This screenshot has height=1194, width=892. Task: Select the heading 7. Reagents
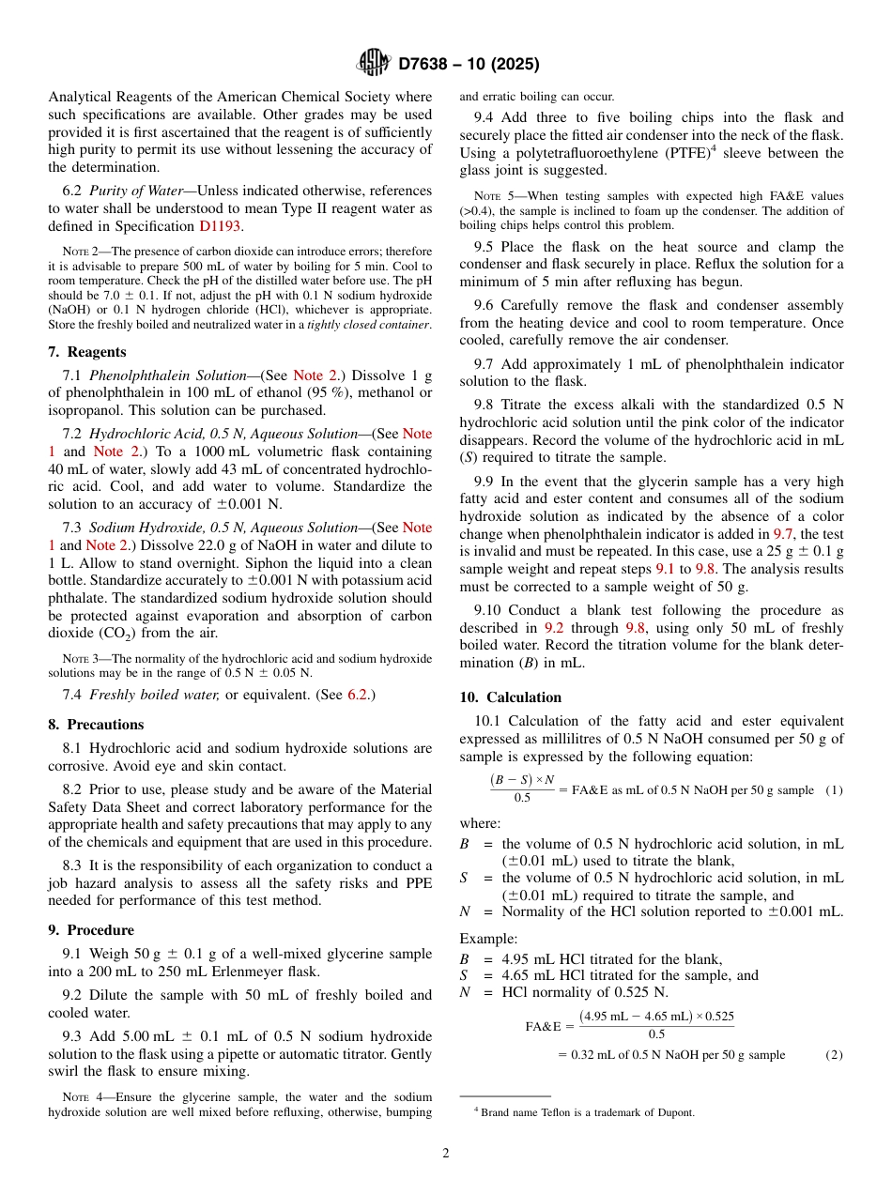coord(86,352)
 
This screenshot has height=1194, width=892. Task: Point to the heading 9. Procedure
coord(91,930)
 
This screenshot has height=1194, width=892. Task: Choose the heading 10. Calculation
coord(510,697)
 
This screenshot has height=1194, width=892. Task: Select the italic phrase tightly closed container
coord(367,325)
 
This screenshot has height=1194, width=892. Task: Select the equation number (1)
coord(834,790)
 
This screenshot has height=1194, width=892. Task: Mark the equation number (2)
coord(834,1054)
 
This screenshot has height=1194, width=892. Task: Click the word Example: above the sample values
coord(487,938)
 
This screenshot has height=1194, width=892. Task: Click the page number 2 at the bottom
coord(446,1154)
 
